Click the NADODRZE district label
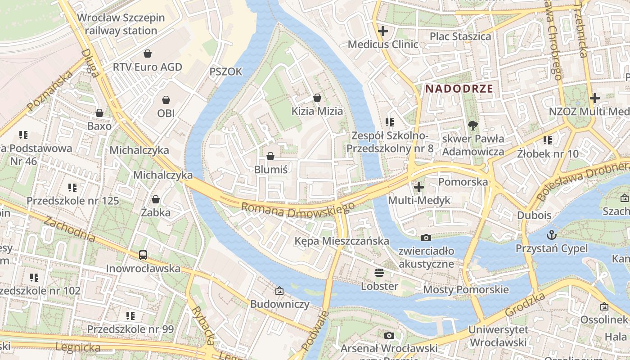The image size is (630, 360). coord(459,89)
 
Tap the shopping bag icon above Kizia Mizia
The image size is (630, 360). coord(317,98)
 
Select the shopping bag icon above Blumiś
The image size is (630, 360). coord(270,156)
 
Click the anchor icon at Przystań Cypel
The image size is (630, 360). coord(551,235)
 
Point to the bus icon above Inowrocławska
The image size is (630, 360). coord(143,255)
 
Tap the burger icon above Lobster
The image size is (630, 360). coord(379,273)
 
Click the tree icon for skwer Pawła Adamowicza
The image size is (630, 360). coord(473,125)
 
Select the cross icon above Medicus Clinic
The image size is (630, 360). coord(383,31)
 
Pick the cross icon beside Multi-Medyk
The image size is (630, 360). coord(419,187)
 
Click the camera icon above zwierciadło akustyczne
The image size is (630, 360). coord(426,238)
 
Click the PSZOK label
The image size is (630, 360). coord(226,72)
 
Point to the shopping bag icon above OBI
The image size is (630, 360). coord(166,99)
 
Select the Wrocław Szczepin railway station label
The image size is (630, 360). coord(121,24)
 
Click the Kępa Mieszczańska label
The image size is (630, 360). coord(342,241)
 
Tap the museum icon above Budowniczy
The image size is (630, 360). coord(279,291)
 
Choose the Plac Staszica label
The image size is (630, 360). coord(460,36)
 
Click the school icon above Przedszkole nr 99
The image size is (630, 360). coord(130,316)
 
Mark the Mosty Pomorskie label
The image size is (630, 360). coord(466,289)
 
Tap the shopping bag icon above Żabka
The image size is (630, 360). coord(156,199)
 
